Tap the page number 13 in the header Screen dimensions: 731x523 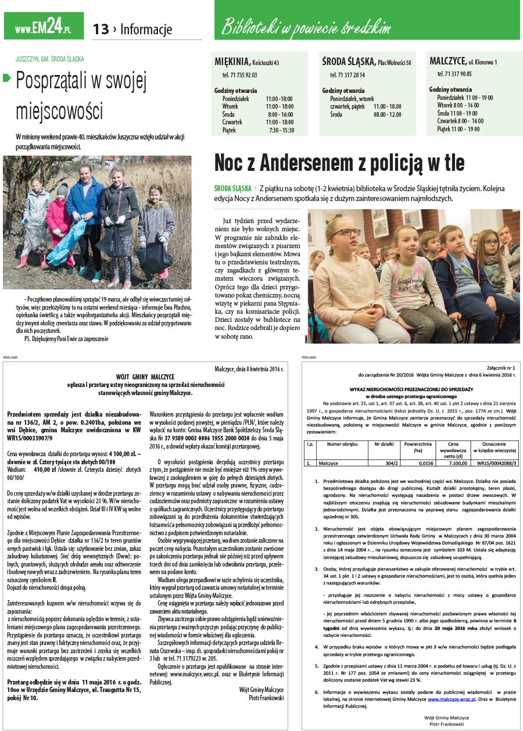(101, 29)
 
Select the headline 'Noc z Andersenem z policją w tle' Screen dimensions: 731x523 (339, 163)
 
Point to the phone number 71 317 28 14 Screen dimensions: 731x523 (348, 75)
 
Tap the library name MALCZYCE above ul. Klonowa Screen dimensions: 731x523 (447, 61)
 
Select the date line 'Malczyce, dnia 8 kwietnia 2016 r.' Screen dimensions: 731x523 (249, 368)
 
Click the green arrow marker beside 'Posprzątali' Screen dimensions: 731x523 (7, 78)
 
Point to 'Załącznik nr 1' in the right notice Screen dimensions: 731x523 (499, 368)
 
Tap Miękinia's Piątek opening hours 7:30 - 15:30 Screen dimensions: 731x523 (281, 130)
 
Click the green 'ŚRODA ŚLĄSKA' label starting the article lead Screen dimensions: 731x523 (232, 189)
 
